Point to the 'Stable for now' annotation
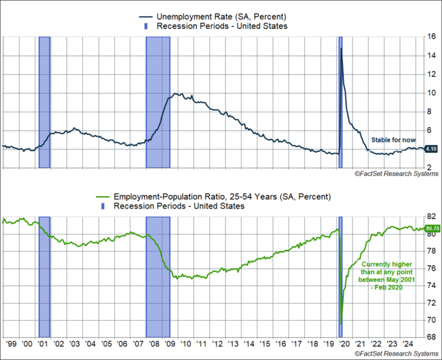(393, 140)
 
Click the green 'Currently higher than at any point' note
(387, 275)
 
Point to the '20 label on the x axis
(345, 345)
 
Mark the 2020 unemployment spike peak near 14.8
(341, 48)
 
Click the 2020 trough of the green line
(341, 324)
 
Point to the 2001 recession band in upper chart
(44, 102)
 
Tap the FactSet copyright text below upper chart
(397, 174)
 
